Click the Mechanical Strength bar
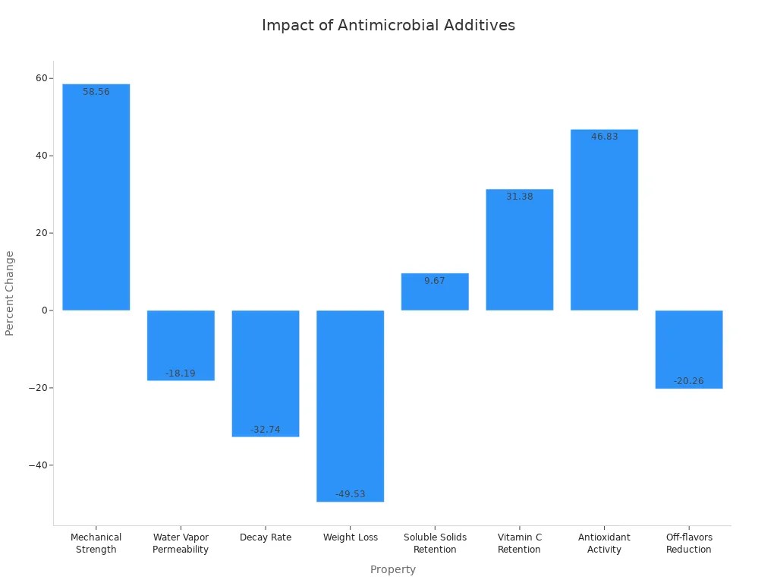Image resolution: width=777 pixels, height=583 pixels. tap(96, 197)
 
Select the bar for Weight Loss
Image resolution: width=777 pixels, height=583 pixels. tap(351, 406)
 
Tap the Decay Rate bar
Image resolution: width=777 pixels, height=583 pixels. tap(266, 373)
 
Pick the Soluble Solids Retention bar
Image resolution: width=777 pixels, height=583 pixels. tap(435, 292)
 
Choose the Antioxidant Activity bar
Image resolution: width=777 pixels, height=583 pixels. tap(605, 220)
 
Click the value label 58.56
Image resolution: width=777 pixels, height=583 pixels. tap(96, 92)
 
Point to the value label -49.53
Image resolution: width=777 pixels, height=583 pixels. tap(351, 494)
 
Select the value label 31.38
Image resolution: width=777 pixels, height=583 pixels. tap(520, 197)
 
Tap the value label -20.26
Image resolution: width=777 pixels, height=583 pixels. tap(689, 381)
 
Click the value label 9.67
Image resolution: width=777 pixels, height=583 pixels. tap(435, 281)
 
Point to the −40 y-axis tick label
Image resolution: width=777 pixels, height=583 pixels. tap(38, 465)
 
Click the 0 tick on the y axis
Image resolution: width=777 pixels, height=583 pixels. tap(45, 310)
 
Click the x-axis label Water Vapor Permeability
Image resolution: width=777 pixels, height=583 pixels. tap(181, 544)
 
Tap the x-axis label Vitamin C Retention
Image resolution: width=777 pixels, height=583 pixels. tap(520, 544)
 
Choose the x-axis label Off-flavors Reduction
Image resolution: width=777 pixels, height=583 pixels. tap(689, 544)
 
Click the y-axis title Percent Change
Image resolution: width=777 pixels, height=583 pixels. tap(10, 293)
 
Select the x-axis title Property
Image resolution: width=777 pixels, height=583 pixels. tap(393, 569)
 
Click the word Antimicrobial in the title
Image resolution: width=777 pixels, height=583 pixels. tap(387, 25)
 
